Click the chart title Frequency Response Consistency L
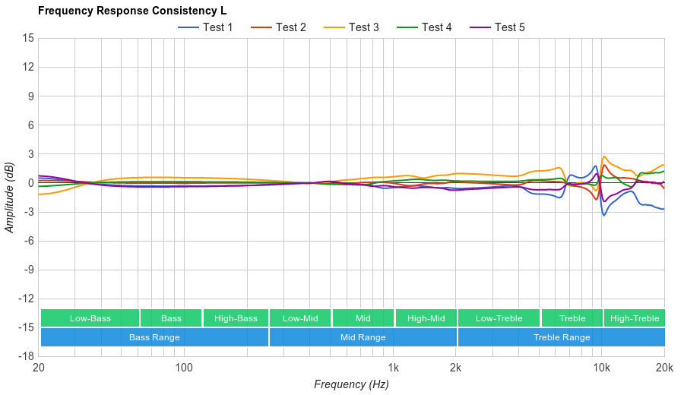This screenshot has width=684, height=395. pos(131,11)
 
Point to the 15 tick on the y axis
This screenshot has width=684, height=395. pos(27,38)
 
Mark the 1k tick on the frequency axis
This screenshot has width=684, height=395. pos(393,368)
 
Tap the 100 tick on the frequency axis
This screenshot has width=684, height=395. pos(184,368)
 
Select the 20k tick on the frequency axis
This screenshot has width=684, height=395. pos(663,368)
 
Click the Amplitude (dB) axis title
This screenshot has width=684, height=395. pos(10,197)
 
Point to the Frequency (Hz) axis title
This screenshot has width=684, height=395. pos(351,384)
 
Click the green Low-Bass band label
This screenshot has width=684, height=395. pos(90,318)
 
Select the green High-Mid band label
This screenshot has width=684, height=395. pos(426,318)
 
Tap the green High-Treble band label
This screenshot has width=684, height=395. pos(635,318)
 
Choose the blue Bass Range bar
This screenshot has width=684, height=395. pos(154,337)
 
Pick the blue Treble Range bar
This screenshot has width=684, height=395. pos(562,337)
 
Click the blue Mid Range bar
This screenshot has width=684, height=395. pos(363,337)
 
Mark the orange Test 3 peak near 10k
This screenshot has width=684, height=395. pos(604,156)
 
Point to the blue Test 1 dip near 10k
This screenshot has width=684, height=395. pos(604,215)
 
